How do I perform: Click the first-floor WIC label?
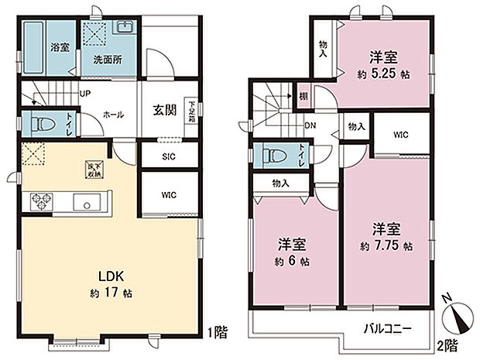(x=168, y=194)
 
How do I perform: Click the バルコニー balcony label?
(x=389, y=329)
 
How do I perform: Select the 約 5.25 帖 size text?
(x=382, y=75)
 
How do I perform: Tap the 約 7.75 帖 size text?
(x=386, y=246)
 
